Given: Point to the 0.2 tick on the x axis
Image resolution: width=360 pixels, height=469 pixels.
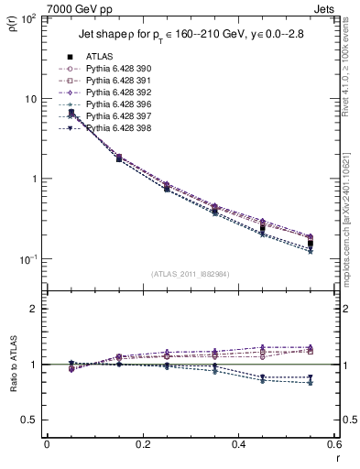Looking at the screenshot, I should [142, 446].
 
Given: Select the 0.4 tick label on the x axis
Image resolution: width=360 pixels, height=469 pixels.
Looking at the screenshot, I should [237, 446].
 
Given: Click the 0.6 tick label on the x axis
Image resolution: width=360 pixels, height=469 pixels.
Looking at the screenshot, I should [333, 446].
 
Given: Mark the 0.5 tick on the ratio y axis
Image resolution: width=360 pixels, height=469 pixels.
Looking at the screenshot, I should [35, 420].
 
